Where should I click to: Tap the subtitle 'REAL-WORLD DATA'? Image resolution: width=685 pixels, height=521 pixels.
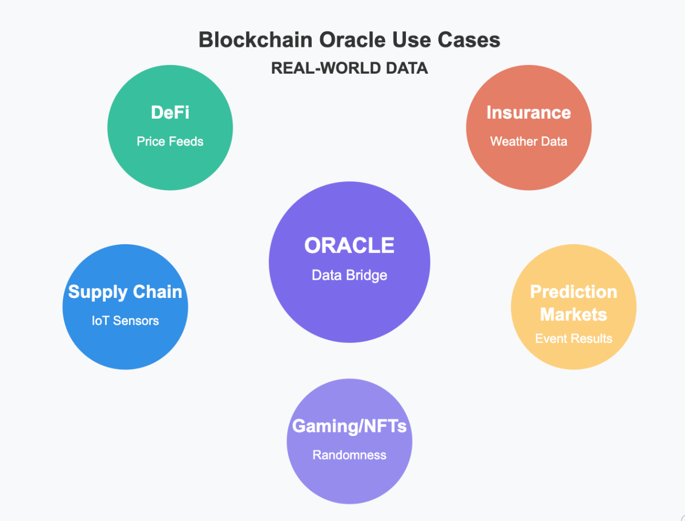pos(349,68)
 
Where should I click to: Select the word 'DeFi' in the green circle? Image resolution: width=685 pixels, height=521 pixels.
pos(170,112)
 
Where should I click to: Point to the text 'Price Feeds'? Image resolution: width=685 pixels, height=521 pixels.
pos(170,142)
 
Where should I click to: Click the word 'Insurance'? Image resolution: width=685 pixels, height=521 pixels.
pos(529,112)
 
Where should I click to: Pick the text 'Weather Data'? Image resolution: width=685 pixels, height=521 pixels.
pos(529,142)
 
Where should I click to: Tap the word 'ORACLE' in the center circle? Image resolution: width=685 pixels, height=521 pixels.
pos(349,245)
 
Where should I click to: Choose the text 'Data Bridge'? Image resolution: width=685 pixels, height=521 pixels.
pos(349,275)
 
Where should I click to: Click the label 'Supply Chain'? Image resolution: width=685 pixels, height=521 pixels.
pos(125,292)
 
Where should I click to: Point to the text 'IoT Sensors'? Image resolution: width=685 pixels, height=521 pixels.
pos(125,321)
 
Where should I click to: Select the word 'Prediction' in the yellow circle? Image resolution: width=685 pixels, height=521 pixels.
pos(574,292)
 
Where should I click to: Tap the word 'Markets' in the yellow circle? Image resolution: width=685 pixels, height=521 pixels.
pos(574,314)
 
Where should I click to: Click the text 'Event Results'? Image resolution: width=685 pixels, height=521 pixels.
pos(574,338)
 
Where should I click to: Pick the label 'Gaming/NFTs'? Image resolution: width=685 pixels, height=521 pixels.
pos(349,426)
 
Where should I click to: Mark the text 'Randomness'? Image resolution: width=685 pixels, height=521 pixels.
pos(349,455)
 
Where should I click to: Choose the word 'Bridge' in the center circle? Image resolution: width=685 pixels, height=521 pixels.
pos(368,275)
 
